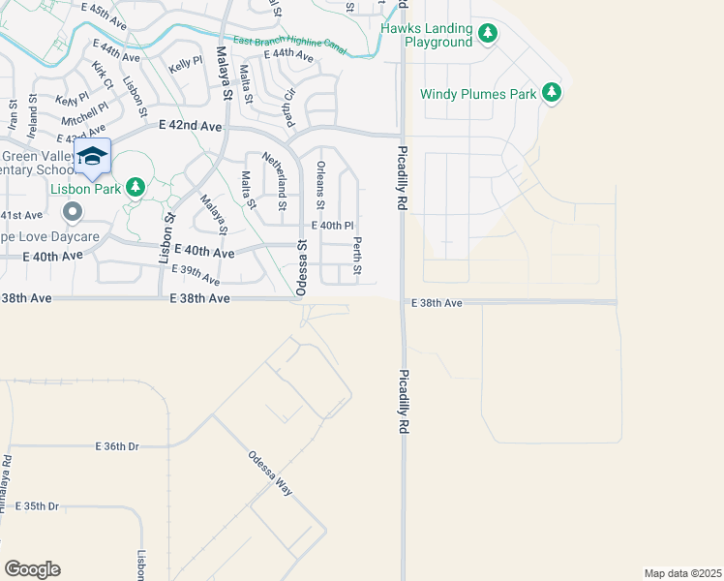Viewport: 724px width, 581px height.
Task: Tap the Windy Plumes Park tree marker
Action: [x=552, y=93]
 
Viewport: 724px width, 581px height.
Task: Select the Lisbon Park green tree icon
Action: [x=136, y=187]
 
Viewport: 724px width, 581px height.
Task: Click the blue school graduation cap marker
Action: [x=93, y=156]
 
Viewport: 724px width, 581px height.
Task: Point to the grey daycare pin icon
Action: [x=72, y=211]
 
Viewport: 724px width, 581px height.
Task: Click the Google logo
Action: [x=32, y=569]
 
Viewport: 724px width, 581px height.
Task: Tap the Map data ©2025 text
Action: [x=682, y=573]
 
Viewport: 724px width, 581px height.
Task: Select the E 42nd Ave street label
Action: [x=191, y=126]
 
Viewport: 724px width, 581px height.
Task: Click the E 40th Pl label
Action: [x=332, y=226]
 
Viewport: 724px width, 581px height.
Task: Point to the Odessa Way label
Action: [x=269, y=474]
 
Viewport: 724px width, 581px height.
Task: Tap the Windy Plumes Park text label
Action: [x=478, y=94]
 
